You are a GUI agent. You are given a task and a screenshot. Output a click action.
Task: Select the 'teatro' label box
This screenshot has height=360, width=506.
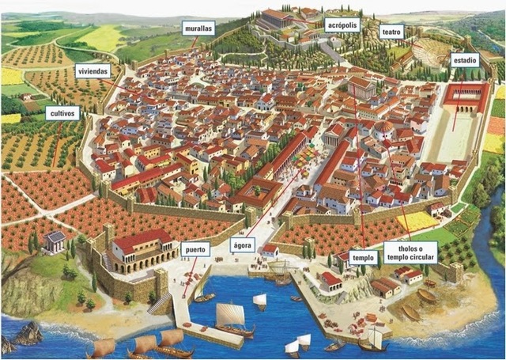(x=391, y=32)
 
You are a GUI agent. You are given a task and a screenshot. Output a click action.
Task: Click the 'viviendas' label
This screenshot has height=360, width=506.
(x=93, y=71)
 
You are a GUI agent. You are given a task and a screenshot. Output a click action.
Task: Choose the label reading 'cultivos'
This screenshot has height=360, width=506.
(x=62, y=113)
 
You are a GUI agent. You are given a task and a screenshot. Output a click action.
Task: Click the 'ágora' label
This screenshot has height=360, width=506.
(x=243, y=245)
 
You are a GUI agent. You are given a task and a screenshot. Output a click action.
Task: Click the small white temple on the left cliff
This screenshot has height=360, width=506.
(x=55, y=241)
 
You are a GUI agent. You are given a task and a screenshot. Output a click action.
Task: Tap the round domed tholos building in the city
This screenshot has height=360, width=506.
(x=384, y=128)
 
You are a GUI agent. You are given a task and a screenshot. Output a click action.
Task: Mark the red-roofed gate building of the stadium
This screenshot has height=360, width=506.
(x=467, y=97)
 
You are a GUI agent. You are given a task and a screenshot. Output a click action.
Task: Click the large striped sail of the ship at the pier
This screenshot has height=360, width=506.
(x=230, y=314)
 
